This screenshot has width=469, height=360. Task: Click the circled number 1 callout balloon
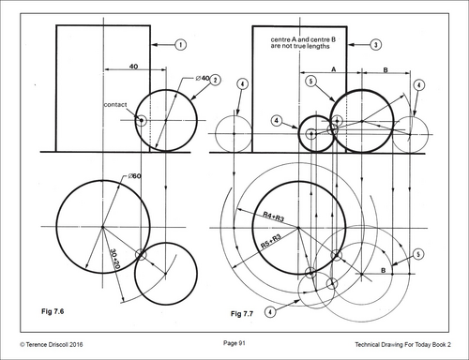pos(180,45)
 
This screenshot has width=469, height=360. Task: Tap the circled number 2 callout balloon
pos(215,80)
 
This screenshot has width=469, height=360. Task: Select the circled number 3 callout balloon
pos(376,45)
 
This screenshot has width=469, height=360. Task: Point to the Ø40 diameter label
pos(203,78)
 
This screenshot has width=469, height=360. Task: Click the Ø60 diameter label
pos(135,176)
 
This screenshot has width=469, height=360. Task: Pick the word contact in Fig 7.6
pos(115,105)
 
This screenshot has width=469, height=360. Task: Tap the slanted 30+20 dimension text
pos(115,259)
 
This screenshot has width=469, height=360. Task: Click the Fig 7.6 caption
pos(53,311)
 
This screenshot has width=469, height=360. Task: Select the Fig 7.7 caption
pos(242,314)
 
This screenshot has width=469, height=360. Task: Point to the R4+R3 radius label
pos(273,217)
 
